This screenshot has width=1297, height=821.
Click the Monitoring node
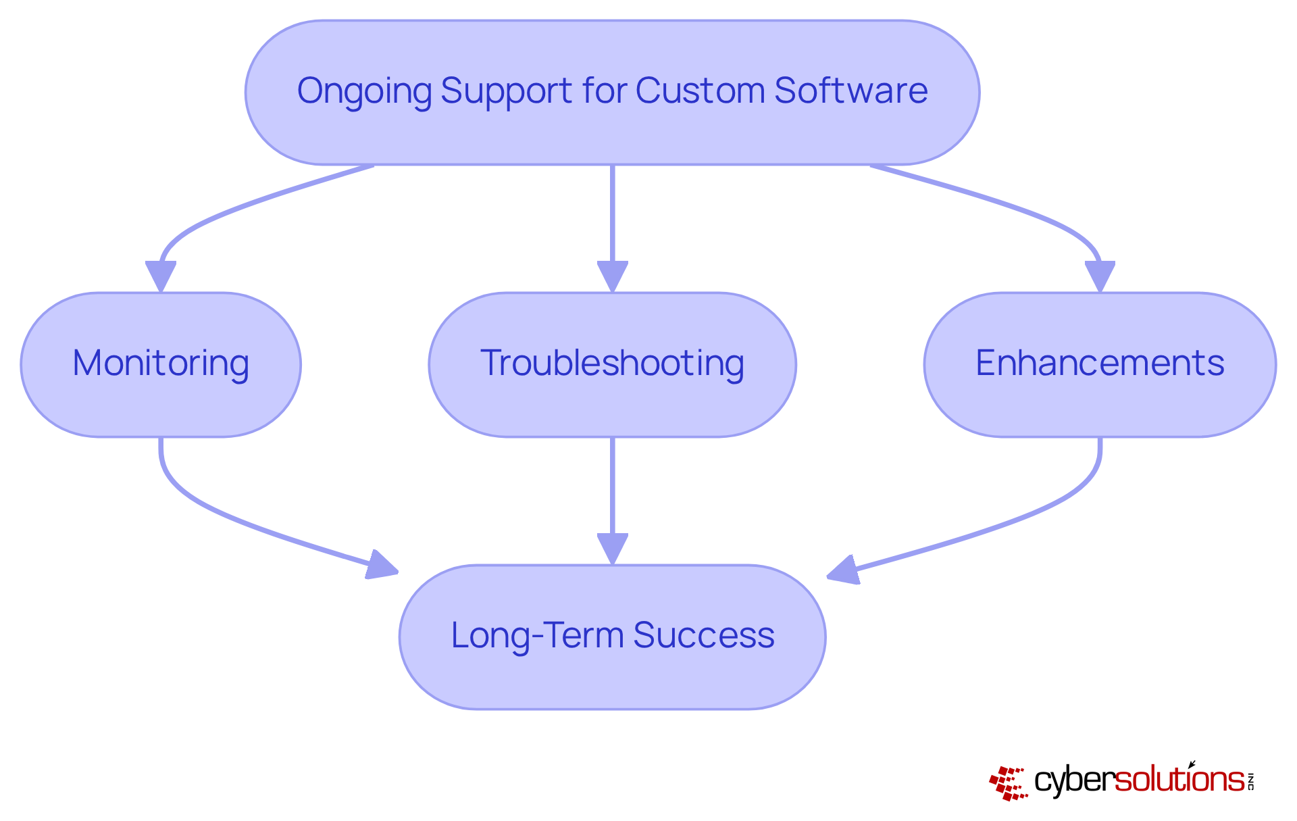[161, 364]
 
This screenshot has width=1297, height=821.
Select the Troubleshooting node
[612, 364]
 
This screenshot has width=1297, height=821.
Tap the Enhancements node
[1099, 364]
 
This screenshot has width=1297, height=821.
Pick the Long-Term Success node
[612, 637]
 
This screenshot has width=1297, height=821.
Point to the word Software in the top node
[851, 91]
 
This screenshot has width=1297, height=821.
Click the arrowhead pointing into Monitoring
[161, 276]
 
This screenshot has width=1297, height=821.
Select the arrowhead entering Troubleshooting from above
[612, 277]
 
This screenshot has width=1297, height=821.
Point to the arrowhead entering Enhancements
[1100, 276]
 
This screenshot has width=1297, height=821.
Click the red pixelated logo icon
[1009, 783]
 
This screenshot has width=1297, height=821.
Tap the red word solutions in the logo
[1179, 780]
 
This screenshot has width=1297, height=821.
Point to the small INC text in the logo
[1250, 781]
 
